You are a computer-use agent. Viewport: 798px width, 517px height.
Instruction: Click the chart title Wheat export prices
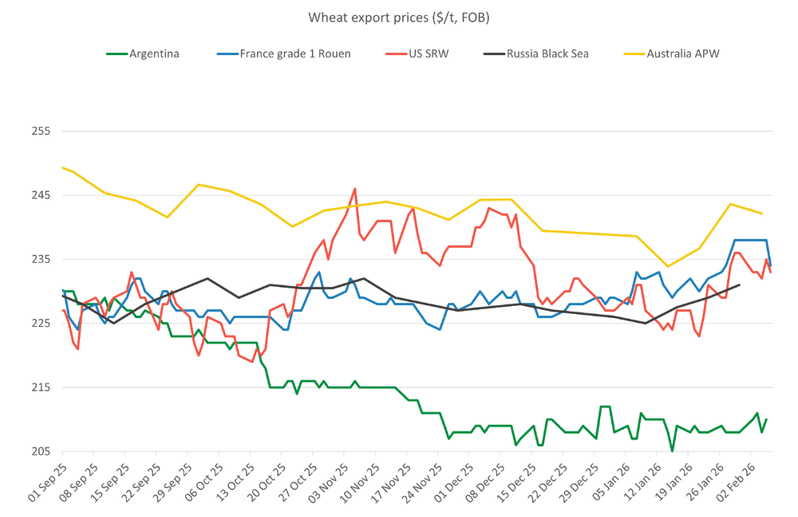coord(398,17)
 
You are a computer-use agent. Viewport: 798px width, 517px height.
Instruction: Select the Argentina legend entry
coord(143,54)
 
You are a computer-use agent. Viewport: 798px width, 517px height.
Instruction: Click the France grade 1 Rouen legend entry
coord(283,54)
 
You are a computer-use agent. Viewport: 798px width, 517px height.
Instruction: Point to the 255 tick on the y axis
coord(39,131)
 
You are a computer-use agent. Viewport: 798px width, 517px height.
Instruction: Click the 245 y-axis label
coord(39,195)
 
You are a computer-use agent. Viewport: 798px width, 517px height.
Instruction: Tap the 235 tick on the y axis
coord(39,259)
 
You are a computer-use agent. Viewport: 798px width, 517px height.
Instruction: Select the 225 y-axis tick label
coord(39,324)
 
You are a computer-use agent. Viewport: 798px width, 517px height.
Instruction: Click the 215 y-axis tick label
coord(39,388)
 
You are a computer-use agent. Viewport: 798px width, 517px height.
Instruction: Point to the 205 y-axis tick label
coord(39,451)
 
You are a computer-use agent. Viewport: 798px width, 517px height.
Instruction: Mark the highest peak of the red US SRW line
coord(355,189)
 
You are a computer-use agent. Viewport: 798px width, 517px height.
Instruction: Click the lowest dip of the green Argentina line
coord(672,451)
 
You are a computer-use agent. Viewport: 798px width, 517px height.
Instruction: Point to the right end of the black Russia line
coord(740,284)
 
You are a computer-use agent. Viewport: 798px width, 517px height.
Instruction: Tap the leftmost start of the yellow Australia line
coord(62,167)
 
